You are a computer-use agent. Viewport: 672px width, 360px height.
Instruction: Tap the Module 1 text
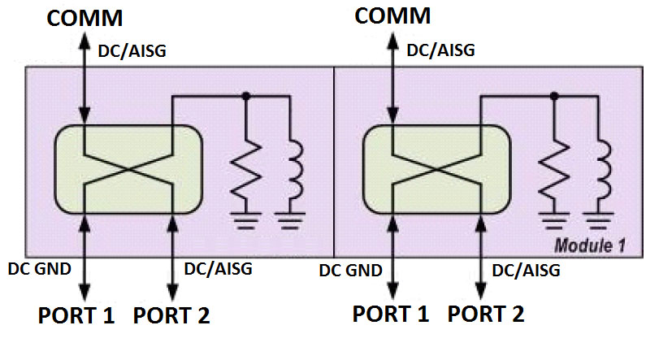point(589,245)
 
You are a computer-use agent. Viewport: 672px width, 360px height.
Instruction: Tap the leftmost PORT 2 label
point(171,314)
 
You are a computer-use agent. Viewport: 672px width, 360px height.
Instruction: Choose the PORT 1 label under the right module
point(391,313)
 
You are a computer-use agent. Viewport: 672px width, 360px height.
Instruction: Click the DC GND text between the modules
point(351,270)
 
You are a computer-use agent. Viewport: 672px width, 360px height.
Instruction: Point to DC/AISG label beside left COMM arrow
point(133,50)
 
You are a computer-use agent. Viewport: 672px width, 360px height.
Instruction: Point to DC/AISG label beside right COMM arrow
point(440,50)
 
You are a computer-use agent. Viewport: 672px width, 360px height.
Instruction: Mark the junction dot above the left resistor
point(246,96)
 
